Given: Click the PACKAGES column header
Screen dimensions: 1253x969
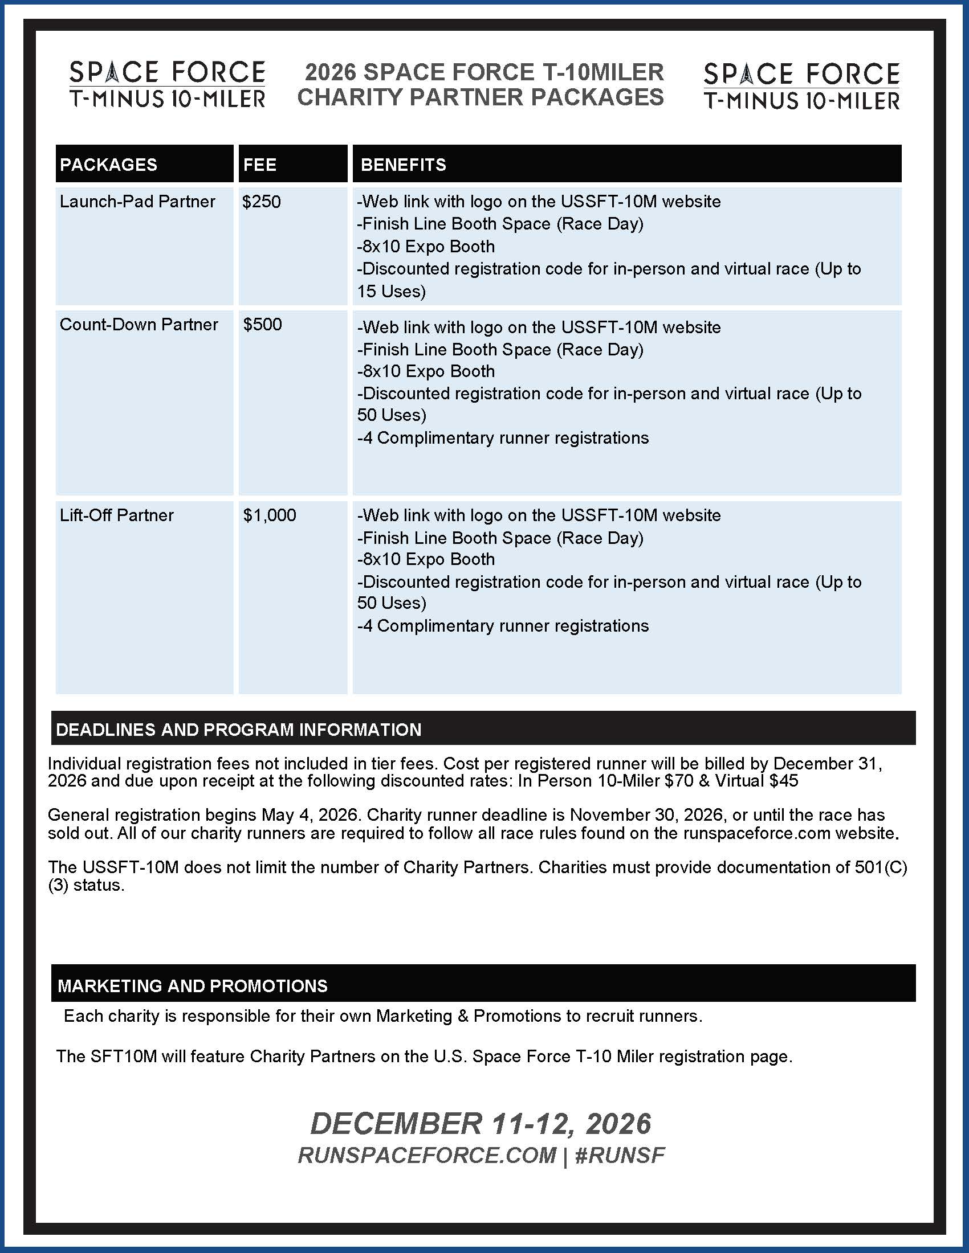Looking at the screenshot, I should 108,165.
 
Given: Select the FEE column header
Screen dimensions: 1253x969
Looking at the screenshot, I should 259,165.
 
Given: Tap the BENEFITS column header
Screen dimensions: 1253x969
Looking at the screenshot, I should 403,165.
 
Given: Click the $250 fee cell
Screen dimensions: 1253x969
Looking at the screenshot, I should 262,202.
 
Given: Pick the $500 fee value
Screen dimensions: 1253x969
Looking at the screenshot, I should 262,325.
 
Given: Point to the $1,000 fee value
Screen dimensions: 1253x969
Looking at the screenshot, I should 269,515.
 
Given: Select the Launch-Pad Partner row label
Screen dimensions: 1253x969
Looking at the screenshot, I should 137,202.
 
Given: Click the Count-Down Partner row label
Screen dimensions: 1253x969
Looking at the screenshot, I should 139,325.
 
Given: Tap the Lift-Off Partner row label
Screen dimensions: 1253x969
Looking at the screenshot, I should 116,515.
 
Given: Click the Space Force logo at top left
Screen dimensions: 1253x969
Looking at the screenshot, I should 167,84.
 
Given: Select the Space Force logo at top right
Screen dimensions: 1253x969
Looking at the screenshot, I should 801,86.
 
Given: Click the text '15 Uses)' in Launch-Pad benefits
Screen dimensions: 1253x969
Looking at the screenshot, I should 392,292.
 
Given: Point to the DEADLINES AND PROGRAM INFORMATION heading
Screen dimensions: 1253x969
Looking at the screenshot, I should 239,730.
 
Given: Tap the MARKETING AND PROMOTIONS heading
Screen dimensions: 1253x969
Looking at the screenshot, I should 192,986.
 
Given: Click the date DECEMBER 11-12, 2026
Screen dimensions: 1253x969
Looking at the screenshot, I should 481,1123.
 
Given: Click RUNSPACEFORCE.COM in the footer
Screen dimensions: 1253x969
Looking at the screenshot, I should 427,1155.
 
